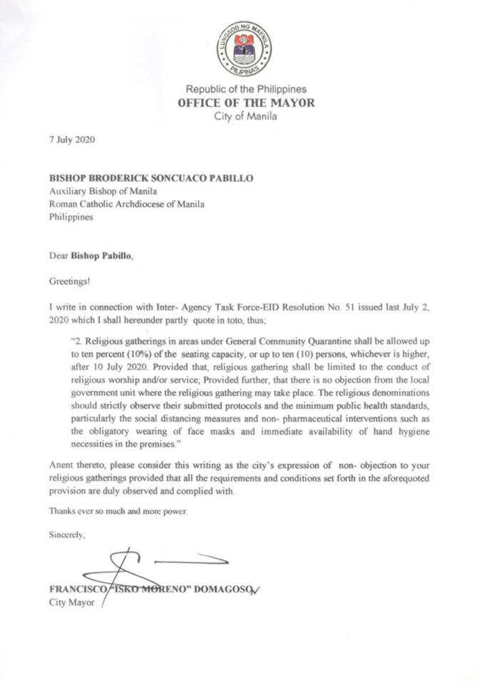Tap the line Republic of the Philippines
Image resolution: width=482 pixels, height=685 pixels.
click(x=246, y=90)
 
